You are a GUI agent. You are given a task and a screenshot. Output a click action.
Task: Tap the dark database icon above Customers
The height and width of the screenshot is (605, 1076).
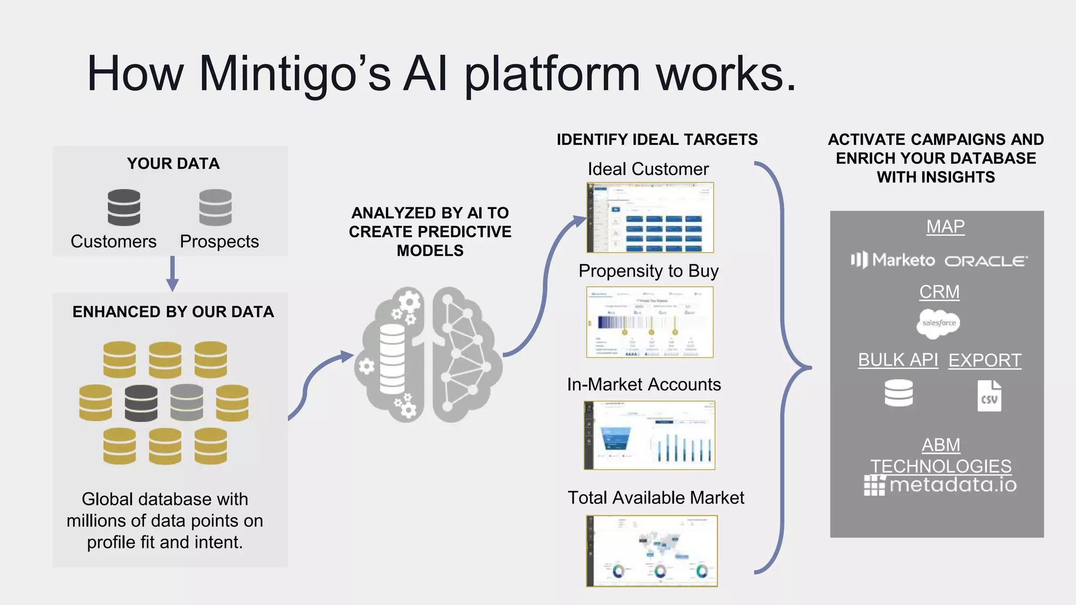pyautogui.click(x=124, y=207)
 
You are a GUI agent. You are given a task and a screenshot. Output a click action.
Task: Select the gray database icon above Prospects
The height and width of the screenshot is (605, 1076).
pyautogui.click(x=215, y=207)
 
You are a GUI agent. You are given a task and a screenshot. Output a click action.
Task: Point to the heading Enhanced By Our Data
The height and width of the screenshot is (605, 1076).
pyautogui.click(x=173, y=312)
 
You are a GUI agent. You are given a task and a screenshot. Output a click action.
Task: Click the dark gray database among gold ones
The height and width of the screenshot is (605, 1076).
pyautogui.click(x=141, y=403)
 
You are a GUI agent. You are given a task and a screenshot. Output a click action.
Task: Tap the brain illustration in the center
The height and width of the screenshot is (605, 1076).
pyautogui.click(x=428, y=354)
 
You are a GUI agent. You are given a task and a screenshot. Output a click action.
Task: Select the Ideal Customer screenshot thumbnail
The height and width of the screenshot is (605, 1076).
pyautogui.click(x=650, y=217)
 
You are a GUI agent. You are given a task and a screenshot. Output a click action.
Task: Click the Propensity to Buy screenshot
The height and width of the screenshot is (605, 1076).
pyautogui.click(x=650, y=322)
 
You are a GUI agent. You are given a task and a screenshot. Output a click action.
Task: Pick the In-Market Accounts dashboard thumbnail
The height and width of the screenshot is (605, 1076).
pyautogui.click(x=649, y=435)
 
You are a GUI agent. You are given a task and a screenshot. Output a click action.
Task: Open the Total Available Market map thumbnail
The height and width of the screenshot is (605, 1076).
pyautogui.click(x=651, y=550)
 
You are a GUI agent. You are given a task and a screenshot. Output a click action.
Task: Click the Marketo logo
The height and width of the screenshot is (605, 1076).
pyautogui.click(x=893, y=260)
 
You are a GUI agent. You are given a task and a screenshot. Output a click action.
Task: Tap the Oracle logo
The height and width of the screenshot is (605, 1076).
pyautogui.click(x=986, y=261)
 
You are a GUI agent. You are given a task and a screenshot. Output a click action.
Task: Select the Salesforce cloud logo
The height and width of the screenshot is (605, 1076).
pyautogui.click(x=938, y=323)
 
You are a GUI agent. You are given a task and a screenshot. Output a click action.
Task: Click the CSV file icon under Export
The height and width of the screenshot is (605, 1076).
pyautogui.click(x=989, y=396)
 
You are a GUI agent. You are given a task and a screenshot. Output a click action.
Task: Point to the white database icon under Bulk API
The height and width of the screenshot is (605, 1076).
pyautogui.click(x=898, y=393)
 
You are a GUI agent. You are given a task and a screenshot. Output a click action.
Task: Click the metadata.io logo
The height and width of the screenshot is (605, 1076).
pyautogui.click(x=940, y=485)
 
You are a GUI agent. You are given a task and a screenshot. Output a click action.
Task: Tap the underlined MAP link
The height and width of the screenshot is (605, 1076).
pyautogui.click(x=945, y=227)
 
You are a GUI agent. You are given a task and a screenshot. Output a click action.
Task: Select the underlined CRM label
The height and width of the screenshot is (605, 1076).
pyautogui.click(x=939, y=292)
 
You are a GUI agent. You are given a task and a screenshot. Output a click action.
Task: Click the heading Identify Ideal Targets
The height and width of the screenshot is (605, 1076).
pyautogui.click(x=657, y=140)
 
